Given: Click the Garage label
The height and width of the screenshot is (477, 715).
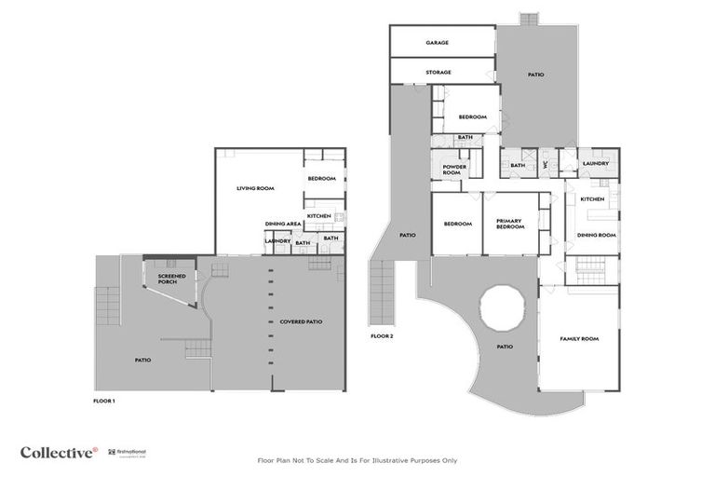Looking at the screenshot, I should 438,43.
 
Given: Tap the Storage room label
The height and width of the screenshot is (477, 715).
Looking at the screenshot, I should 438,72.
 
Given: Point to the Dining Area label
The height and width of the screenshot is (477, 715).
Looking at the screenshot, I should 283,224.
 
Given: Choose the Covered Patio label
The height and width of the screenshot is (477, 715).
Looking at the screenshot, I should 301,321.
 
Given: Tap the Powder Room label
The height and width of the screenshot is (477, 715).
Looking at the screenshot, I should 454,170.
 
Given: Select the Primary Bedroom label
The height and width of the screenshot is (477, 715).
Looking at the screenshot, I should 509,225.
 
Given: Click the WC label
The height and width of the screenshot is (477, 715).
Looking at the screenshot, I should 546,165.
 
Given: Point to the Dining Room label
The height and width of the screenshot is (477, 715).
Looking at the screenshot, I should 597,235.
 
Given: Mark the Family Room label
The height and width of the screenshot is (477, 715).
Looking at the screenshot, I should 578,338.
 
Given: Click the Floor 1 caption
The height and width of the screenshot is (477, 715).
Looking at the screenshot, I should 104,401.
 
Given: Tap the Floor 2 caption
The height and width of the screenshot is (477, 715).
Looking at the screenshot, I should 381,335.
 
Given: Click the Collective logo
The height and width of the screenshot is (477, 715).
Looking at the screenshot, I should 58,452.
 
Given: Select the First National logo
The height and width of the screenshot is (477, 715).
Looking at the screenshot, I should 122,452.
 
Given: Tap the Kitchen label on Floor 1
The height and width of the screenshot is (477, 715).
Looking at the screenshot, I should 319,216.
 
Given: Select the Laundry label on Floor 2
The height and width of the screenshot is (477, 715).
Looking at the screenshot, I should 595,164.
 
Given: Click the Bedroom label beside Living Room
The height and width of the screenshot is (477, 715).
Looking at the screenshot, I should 321,178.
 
